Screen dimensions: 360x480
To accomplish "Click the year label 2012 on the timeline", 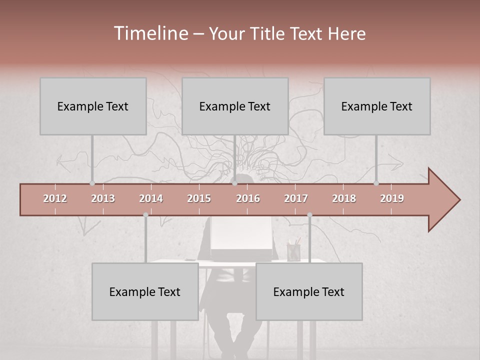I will (55, 198).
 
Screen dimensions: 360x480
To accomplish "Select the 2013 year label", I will (103, 198).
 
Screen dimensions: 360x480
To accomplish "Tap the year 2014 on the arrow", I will (151, 198).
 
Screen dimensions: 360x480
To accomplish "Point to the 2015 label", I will (199, 198).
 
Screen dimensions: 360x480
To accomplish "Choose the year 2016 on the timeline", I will (248, 198).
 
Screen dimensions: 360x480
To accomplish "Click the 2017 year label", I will (296, 198).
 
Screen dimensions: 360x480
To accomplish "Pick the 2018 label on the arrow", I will (344, 198).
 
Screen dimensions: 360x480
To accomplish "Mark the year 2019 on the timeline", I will (392, 198).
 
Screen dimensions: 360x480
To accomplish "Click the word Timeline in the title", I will (150, 33).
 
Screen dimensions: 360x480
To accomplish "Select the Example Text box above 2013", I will (93, 106).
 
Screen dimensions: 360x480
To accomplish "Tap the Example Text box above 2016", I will (235, 106).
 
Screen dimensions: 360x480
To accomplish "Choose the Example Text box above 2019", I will (377, 106).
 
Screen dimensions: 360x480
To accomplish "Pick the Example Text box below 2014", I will (145, 291).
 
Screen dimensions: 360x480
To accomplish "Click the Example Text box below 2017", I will (309, 291).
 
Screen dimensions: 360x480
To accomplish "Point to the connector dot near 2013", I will (92, 183).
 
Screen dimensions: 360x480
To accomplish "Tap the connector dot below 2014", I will (145, 215).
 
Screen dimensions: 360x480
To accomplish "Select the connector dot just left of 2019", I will (376, 183).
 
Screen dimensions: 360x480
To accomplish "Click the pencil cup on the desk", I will (293, 251).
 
